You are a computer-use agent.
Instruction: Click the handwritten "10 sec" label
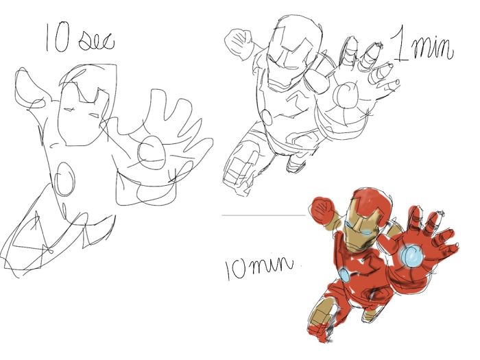[x=80, y=38]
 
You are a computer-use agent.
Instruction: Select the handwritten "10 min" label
[x=259, y=268]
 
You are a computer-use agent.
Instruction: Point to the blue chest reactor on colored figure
[x=345, y=275]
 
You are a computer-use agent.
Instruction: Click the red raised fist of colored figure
[x=322, y=210]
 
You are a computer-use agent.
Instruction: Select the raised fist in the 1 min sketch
[x=240, y=43]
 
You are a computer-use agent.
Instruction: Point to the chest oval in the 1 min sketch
[x=267, y=117]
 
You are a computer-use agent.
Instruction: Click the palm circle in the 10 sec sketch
[x=152, y=153]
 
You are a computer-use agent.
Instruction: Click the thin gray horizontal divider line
[x=264, y=215]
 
